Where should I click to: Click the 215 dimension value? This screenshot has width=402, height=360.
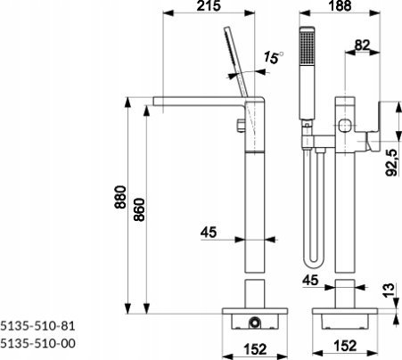click(209, 5)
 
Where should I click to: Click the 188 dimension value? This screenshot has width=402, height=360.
click(340, 5)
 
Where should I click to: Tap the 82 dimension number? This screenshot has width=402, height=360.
click(362, 45)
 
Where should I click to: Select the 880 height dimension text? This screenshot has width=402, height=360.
click(121, 197)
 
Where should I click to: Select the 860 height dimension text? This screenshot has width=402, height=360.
click(139, 209)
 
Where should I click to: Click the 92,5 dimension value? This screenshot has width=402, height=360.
click(391, 162)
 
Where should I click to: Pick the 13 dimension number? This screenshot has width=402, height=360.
click(389, 290)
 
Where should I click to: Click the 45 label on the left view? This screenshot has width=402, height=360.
click(209, 233)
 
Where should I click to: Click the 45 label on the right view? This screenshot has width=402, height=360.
click(310, 280)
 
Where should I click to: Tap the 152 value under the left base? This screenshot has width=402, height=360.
click(255, 349)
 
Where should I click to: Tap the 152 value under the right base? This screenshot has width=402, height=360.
click(345, 346)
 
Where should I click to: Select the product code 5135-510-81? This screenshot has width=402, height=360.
click(37, 326)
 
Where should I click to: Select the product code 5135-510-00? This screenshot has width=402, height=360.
click(37, 343)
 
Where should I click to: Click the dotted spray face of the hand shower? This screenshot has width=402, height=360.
click(307, 47)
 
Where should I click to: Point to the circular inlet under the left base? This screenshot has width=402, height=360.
click(255, 323)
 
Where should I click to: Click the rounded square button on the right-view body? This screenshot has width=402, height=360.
click(344, 126)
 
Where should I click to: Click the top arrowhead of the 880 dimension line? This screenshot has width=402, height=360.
click(127, 102)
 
